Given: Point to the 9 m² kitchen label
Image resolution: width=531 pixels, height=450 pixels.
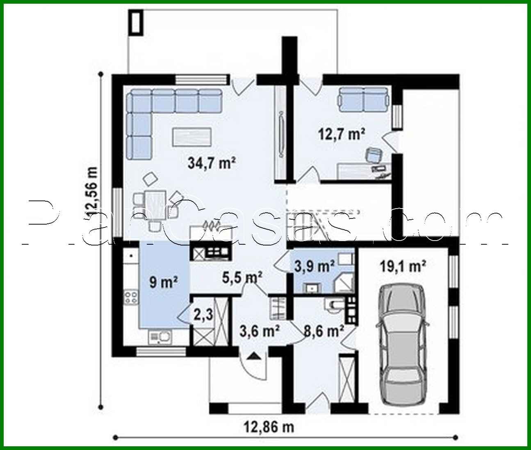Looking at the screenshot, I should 163,282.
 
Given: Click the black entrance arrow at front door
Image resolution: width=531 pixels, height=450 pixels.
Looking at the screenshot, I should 255,356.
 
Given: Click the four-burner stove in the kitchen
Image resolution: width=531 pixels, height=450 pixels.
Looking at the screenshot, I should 131,297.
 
